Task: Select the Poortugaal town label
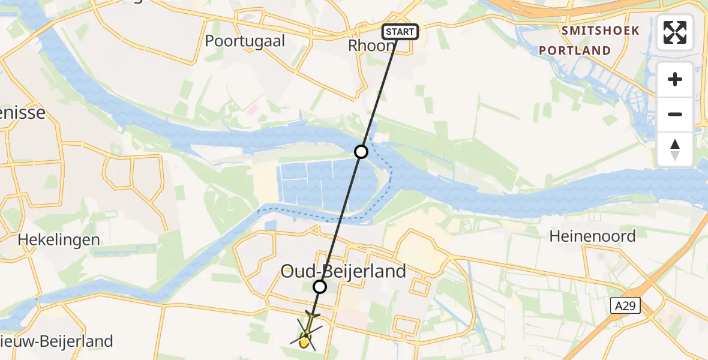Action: tap(245, 41)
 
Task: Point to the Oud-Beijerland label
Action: tap(344, 271)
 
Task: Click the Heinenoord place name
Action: tap(592, 236)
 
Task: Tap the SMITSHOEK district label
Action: tap(600, 31)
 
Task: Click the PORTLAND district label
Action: tap(575, 50)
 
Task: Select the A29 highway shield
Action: tap(626, 306)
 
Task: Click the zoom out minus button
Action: tap(675, 114)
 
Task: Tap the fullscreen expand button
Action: tap(675, 32)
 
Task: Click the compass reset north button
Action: tap(675, 149)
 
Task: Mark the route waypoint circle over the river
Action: tap(361, 152)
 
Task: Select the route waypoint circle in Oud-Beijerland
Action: tap(320, 287)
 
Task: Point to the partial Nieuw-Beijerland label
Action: tap(56, 342)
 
